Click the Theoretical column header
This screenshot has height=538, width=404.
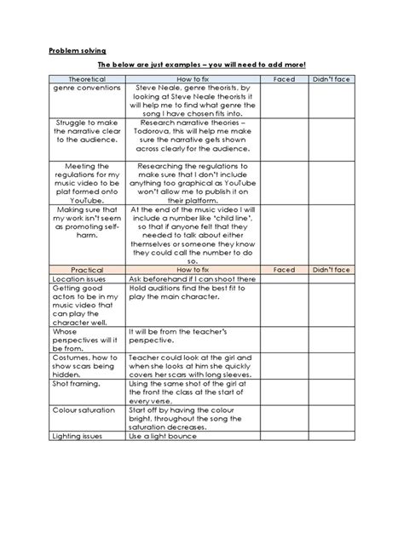[x=88, y=78]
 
